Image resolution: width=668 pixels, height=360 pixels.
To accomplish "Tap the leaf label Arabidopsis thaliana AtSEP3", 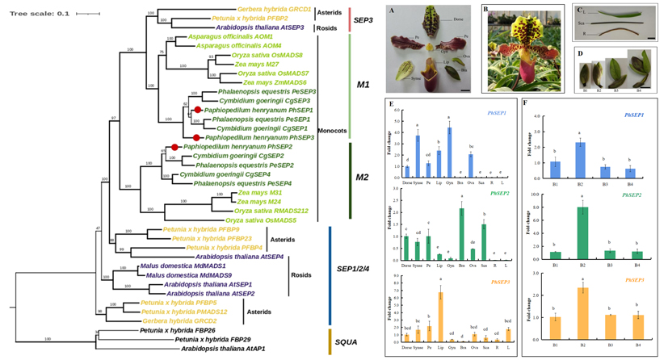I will coord(259,27).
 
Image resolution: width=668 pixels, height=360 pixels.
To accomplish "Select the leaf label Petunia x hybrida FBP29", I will coord(213,339).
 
